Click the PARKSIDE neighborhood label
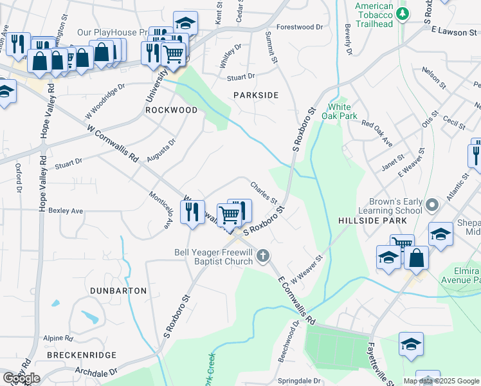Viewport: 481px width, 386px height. [256, 95]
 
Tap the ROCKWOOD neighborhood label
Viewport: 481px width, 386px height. [171, 110]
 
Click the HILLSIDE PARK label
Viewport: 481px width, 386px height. [372, 221]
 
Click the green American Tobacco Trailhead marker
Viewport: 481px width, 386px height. [403, 14]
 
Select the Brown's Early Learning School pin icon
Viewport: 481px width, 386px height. [431, 206]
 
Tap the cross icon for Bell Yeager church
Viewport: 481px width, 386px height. [262, 257]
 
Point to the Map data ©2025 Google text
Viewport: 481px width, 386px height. [442, 380]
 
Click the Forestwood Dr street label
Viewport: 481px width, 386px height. [300, 28]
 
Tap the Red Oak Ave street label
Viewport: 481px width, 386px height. [377, 133]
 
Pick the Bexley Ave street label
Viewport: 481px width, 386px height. [66, 210]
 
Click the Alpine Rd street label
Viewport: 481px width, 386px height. [58, 338]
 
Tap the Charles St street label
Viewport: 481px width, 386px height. [264, 190]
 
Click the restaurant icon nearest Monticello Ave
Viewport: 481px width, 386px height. [192, 212]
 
